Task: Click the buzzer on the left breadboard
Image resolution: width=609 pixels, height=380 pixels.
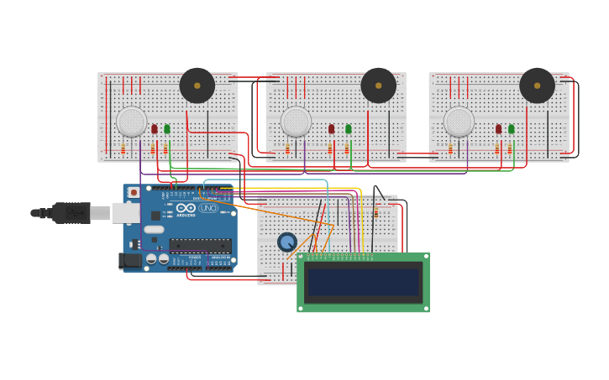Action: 197,86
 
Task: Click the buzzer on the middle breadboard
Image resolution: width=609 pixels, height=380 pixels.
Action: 378,86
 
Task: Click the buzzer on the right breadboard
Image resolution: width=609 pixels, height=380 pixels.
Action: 537,86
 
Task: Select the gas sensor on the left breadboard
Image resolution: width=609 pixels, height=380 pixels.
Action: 131,122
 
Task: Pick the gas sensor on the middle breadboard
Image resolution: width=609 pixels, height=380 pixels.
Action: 296,122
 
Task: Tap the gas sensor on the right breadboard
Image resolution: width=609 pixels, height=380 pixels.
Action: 459,122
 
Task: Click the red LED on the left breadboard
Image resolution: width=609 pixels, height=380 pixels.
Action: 155,128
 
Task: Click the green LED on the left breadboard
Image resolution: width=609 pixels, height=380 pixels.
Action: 167,128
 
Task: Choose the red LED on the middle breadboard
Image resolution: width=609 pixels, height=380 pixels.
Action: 332,128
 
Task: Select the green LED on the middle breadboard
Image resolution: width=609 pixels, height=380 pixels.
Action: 349,128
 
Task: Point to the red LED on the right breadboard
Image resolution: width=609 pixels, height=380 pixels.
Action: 498,128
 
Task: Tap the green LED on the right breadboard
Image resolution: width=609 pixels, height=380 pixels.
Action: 511,128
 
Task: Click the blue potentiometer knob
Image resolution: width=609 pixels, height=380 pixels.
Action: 287,242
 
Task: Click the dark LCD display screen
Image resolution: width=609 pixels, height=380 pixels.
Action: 363,282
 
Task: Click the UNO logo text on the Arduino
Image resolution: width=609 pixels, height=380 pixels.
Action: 208,208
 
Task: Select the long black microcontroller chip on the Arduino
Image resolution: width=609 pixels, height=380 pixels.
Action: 200,246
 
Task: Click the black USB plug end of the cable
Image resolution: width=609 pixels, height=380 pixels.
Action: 71,213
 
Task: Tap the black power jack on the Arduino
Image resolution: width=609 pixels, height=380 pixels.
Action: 131,261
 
